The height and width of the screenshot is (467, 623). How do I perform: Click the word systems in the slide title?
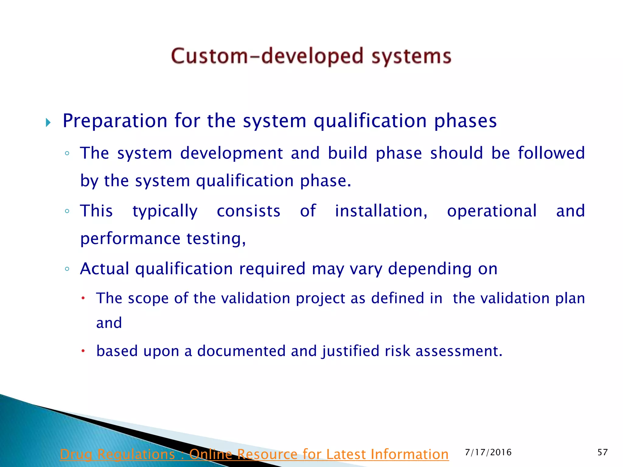pos(411,57)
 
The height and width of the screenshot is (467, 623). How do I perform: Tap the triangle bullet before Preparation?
pos(48,123)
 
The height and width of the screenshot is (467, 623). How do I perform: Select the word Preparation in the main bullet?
pos(115,121)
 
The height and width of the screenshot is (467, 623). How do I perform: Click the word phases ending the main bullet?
pos(465,121)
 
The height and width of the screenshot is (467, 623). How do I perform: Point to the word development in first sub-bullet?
pos(231,153)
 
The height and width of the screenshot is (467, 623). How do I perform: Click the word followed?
pos(551,153)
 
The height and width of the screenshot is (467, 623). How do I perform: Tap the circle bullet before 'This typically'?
pos(67,211)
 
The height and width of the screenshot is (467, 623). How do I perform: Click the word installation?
pos(381,211)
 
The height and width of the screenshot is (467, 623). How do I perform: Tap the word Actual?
pos(104,269)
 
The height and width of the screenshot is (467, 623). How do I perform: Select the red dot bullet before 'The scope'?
pos(82,298)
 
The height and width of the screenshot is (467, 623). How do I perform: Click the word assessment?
pos(459,351)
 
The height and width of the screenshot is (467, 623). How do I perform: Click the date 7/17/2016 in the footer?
pos(488,452)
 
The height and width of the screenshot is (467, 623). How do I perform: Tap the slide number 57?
pos(602,452)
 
